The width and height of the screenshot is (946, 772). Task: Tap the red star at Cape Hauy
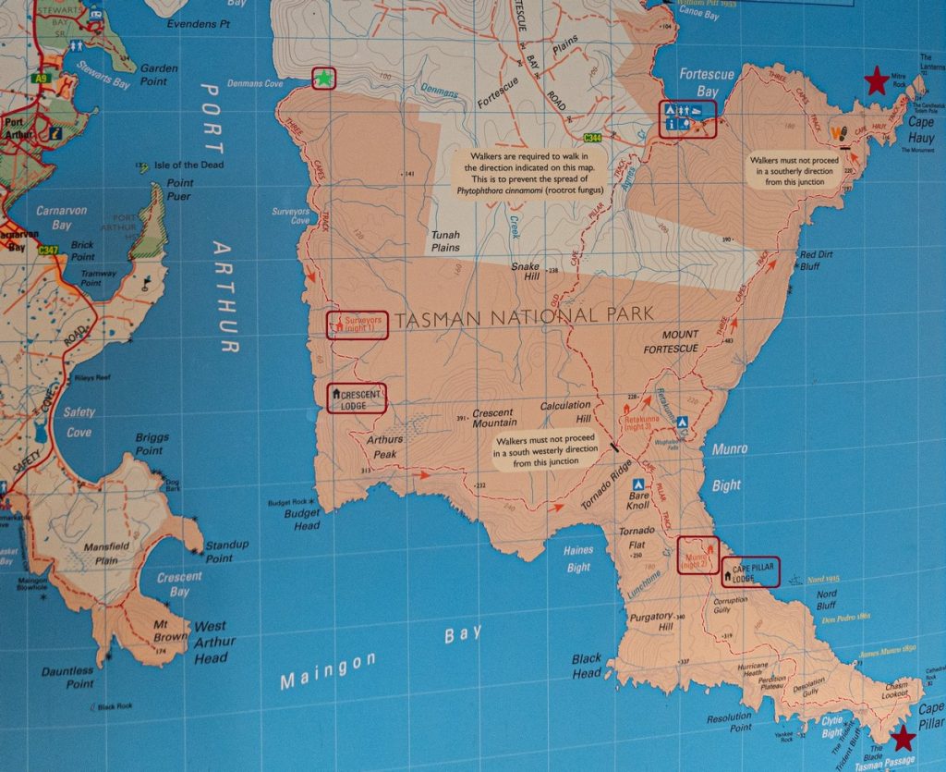[876, 81]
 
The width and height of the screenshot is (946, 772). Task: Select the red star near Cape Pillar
[903, 738]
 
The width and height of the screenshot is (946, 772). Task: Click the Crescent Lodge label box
[357, 398]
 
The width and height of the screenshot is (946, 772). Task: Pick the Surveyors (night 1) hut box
[357, 325]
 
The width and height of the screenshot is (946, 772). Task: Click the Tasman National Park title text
[524, 317]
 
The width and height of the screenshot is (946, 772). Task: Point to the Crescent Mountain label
[494, 418]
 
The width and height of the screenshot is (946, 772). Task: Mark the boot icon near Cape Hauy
[840, 133]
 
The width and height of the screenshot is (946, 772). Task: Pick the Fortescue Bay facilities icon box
[687, 118]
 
